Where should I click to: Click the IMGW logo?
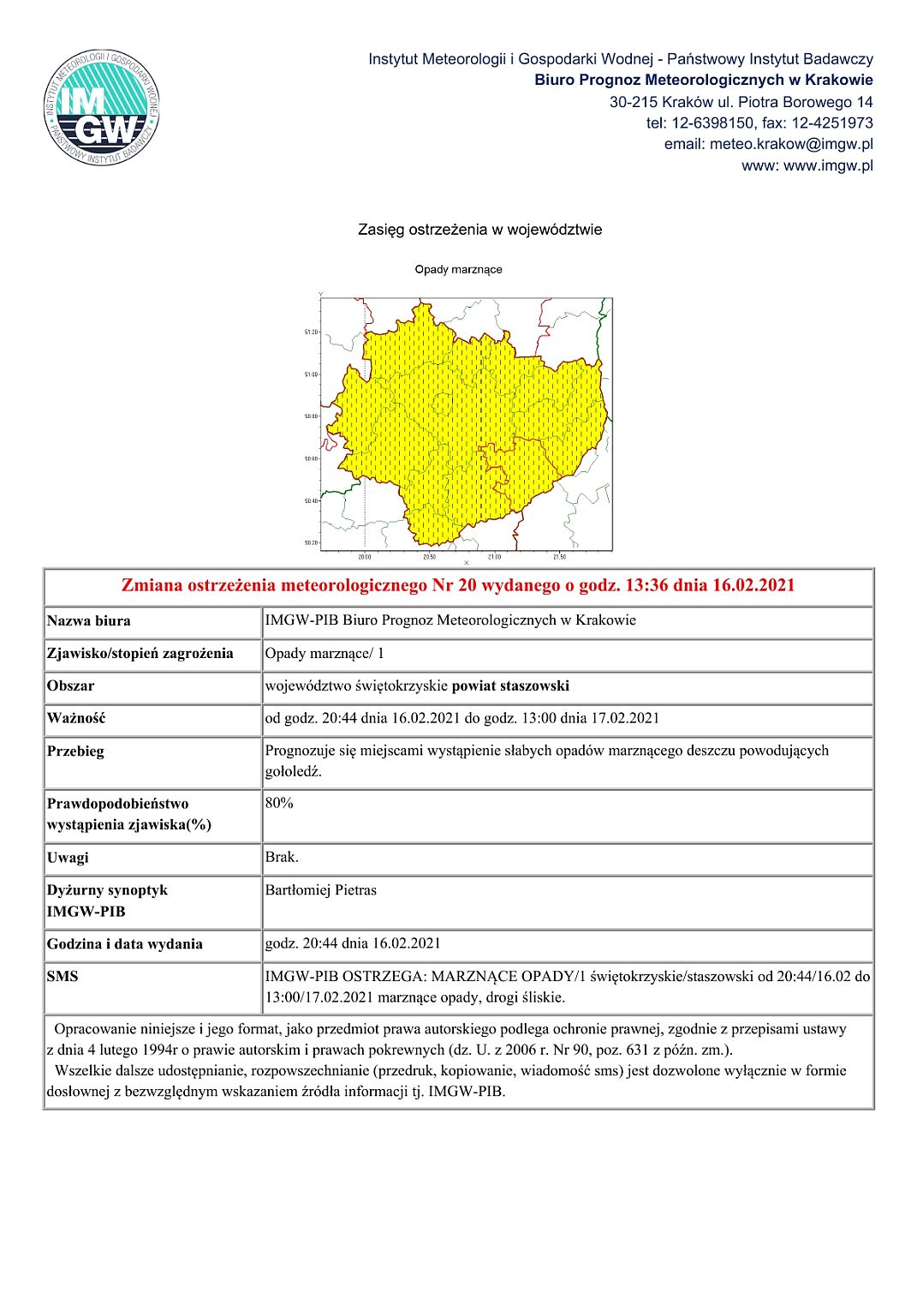pos(101,107)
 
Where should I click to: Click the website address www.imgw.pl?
pos(828,165)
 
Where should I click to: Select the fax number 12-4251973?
pos(832,123)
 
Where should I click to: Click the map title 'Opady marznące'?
pos(458,269)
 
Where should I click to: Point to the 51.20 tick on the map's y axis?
pos(311,332)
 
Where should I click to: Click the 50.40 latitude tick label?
pos(311,500)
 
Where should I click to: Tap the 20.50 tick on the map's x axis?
pos(429,557)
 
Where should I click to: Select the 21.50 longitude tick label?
pos(559,557)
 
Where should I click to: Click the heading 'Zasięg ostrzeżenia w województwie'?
pos(479,230)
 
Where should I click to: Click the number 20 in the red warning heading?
pos(468,585)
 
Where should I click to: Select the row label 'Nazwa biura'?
pos(89,620)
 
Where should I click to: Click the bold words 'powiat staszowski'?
pos(510,685)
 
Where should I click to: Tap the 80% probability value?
pos(279,803)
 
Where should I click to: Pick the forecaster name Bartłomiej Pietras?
pos(320,890)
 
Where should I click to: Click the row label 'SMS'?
pos(63,976)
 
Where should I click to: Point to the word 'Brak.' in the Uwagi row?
pos(282,857)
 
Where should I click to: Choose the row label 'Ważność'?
pos(76,718)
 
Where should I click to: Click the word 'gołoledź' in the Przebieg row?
pos(292,771)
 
